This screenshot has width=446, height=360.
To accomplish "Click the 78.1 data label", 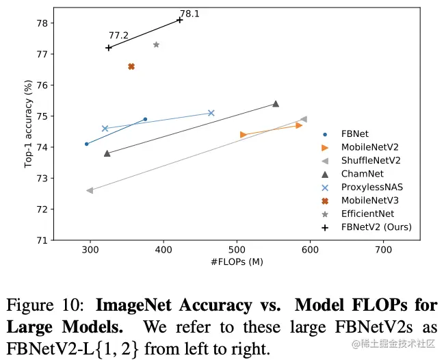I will tap(189, 14).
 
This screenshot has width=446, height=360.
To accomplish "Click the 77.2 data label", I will tap(118, 36).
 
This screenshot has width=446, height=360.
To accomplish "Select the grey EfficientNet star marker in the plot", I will tap(157, 44).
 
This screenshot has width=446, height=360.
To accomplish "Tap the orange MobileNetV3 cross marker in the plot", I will tap(131, 66).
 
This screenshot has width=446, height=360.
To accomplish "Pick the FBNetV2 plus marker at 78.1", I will tap(180, 20).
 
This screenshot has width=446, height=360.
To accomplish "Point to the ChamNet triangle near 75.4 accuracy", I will tap(276, 104).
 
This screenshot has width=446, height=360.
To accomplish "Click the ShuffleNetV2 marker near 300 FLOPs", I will tap(90, 190).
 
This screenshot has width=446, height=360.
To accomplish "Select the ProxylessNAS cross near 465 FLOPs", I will tap(211, 113).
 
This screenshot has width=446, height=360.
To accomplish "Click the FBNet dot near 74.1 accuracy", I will tap(87, 144).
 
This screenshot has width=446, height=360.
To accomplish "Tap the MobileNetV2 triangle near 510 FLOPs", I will tap(244, 134).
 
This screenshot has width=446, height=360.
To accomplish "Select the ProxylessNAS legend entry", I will tap(369, 187).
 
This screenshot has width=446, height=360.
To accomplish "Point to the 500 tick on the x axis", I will tap(237, 250).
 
